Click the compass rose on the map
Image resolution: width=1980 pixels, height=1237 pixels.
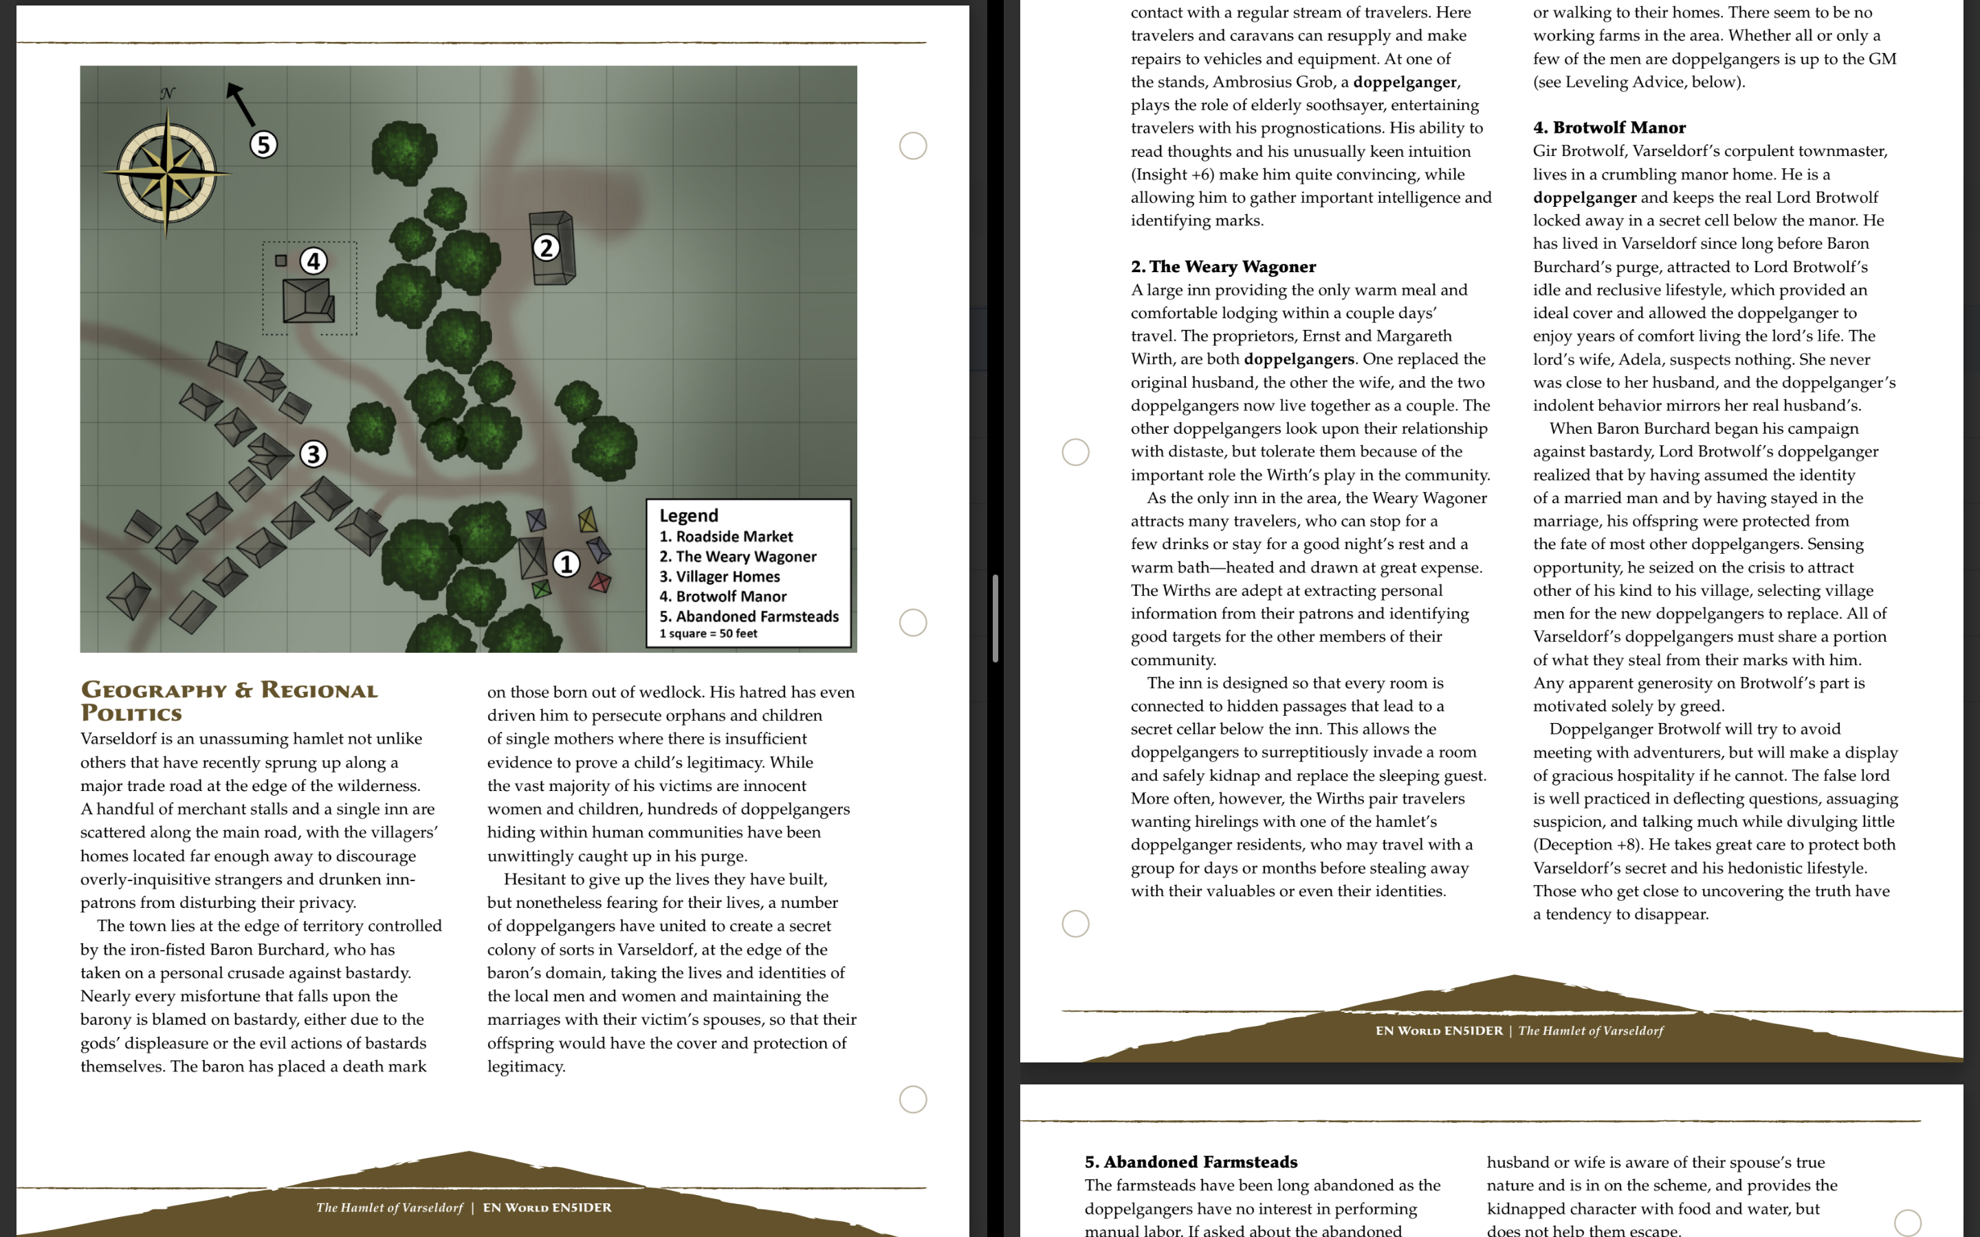point(167,172)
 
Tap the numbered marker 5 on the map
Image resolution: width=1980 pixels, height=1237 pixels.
point(263,145)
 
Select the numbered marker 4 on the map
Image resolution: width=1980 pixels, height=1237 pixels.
point(313,261)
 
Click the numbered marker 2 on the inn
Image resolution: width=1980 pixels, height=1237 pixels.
point(546,247)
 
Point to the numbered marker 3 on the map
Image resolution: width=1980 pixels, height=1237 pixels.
point(313,454)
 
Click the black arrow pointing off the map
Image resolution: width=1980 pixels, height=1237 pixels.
point(240,103)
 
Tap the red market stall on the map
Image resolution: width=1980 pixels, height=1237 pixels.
point(599,583)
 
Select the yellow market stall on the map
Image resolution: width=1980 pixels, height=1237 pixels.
point(586,519)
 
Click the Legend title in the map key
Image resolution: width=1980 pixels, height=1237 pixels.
point(689,515)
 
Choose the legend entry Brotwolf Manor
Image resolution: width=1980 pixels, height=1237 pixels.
point(723,597)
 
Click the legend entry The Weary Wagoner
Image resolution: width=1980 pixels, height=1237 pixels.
point(737,557)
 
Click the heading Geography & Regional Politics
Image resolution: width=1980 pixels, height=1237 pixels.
point(229,701)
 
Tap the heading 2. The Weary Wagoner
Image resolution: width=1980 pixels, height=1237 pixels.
point(1223,267)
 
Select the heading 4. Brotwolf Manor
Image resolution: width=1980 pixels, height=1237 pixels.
point(1609,128)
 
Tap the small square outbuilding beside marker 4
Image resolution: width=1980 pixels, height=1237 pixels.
point(280,260)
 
